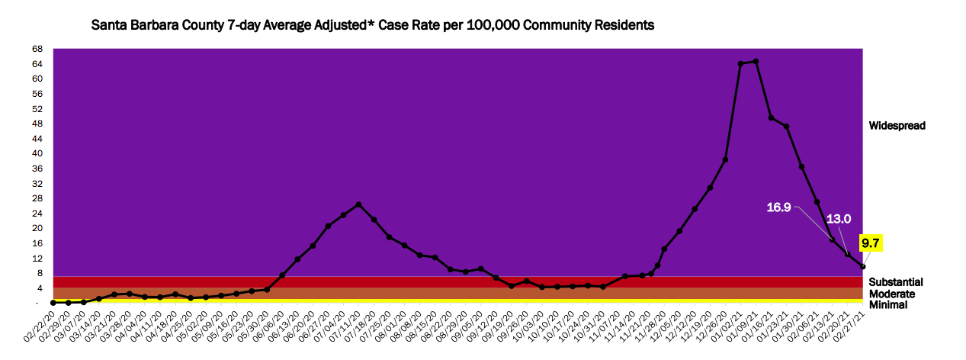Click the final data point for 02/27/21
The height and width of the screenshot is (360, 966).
[862, 266]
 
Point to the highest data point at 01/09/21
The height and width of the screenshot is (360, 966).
[756, 61]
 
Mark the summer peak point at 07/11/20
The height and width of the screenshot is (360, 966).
[358, 204]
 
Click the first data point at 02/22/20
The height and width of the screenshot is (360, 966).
[53, 302]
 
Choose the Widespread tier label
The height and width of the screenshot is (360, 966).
[897, 125]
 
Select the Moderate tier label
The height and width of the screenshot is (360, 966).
[893, 294]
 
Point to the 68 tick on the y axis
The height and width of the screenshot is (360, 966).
[37, 50]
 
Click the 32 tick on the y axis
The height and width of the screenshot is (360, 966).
[37, 184]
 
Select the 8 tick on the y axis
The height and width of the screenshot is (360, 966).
[39, 273]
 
